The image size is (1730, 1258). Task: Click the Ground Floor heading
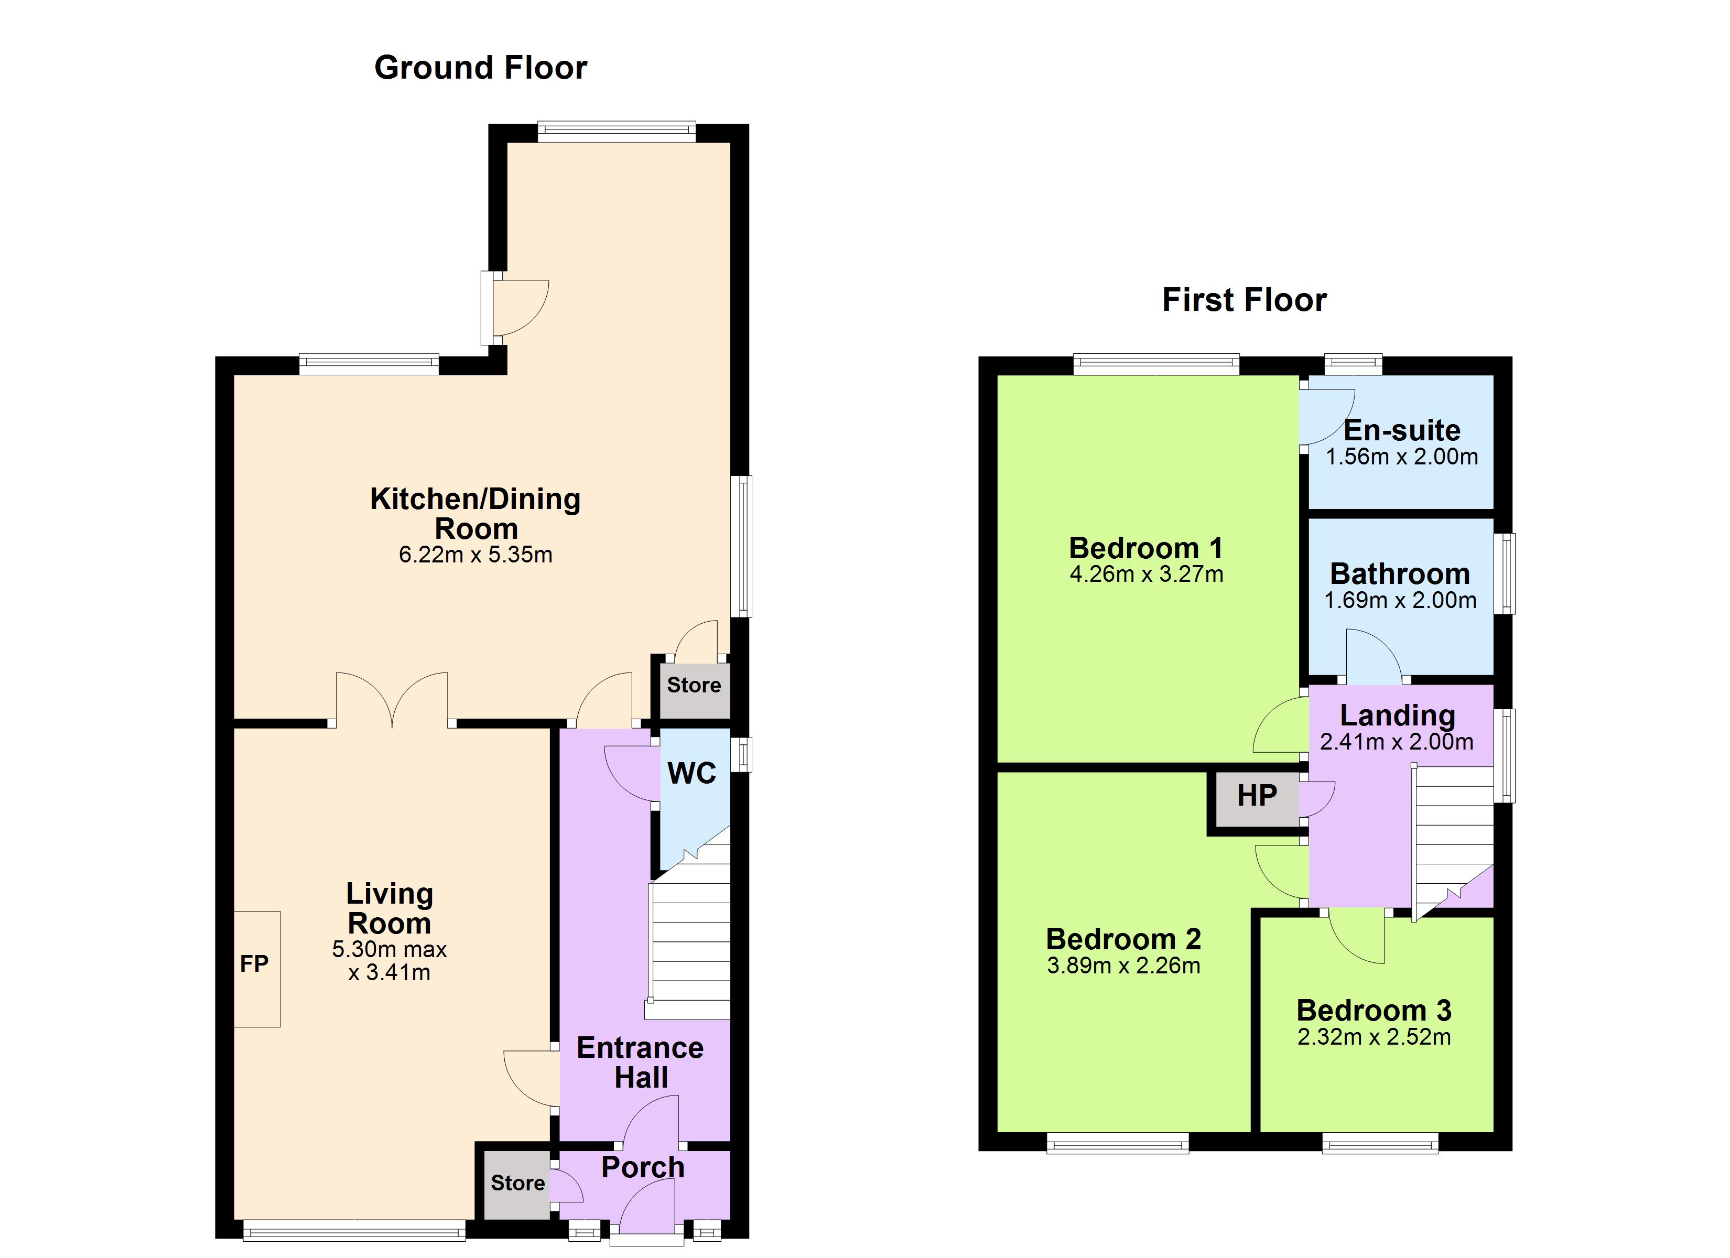click(x=481, y=68)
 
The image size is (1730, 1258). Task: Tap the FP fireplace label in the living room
click(x=254, y=964)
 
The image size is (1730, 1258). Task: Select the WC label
click(x=692, y=774)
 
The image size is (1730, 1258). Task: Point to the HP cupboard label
click(x=1257, y=796)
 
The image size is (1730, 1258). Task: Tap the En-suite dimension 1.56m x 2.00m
click(x=1402, y=457)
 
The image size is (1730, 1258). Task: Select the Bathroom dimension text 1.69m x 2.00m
click(x=1400, y=600)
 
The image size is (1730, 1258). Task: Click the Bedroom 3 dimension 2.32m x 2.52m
click(x=1375, y=1037)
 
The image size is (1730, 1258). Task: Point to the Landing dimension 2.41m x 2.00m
click(x=1397, y=742)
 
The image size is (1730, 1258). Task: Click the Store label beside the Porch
click(x=518, y=1183)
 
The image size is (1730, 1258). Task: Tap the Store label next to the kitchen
click(x=694, y=685)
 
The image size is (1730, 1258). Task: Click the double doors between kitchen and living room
click(x=392, y=699)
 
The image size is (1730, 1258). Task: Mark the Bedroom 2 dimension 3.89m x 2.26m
click(x=1123, y=966)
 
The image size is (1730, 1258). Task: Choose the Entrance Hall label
click(x=641, y=1062)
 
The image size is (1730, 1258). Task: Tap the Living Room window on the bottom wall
click(x=354, y=1230)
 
